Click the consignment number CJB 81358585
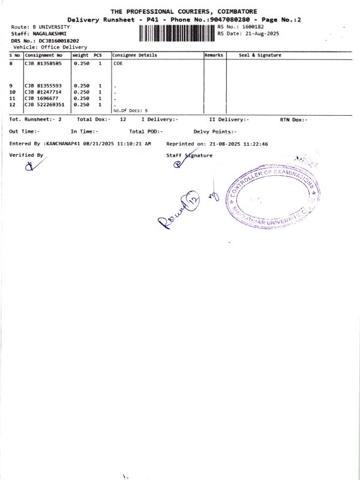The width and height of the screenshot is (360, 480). tap(43, 62)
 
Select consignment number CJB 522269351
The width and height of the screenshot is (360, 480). tap(45, 104)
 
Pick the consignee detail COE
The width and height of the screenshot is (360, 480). tap(118, 62)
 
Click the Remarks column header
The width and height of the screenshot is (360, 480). tap(214, 55)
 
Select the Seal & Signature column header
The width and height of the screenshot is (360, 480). tap(260, 55)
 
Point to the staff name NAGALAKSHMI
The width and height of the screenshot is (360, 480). tap(50, 34)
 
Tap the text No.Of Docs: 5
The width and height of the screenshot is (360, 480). tap(130, 110)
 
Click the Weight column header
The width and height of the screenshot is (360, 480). tap(80, 55)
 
